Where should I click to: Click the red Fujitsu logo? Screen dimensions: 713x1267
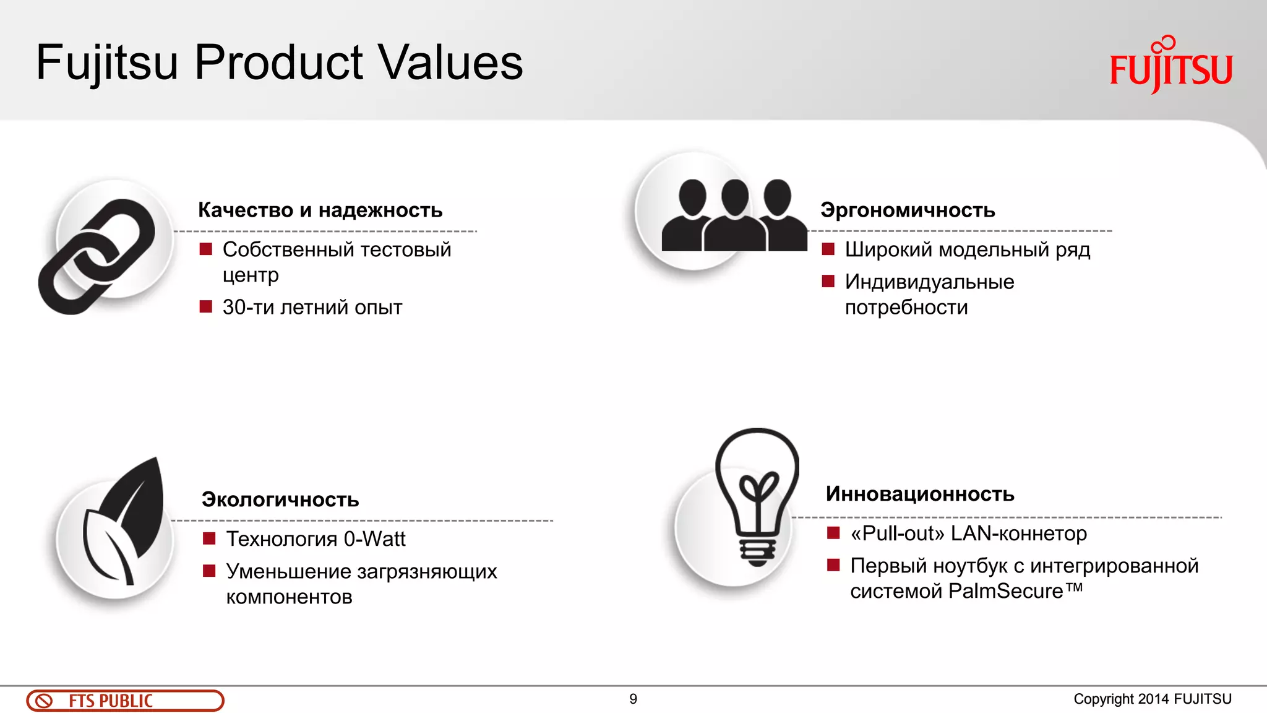[x=1170, y=67]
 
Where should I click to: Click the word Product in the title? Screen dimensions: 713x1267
[x=279, y=63]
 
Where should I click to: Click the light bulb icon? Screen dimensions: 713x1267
[x=757, y=495]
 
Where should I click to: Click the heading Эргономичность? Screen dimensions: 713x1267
[x=908, y=210]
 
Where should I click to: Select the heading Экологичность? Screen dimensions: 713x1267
[x=280, y=499]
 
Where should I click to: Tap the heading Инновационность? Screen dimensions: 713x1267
[x=920, y=494]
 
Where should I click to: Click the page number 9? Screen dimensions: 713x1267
[x=633, y=699]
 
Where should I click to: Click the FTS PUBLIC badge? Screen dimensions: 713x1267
[x=125, y=701]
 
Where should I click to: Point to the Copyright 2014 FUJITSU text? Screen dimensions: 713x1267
[x=1152, y=699]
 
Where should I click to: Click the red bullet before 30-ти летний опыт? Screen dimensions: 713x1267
[x=206, y=307]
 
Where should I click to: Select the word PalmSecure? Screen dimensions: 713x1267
[x=1005, y=591]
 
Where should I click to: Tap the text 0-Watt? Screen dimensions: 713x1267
[x=374, y=539]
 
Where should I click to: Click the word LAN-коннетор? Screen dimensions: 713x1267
[x=1018, y=534]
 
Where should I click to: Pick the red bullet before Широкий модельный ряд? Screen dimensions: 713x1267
[x=828, y=249]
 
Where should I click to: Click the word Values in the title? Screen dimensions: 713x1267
[x=450, y=63]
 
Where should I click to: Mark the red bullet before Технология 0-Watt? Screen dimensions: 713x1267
[x=209, y=538]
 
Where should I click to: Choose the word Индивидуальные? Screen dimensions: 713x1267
[x=929, y=282]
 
